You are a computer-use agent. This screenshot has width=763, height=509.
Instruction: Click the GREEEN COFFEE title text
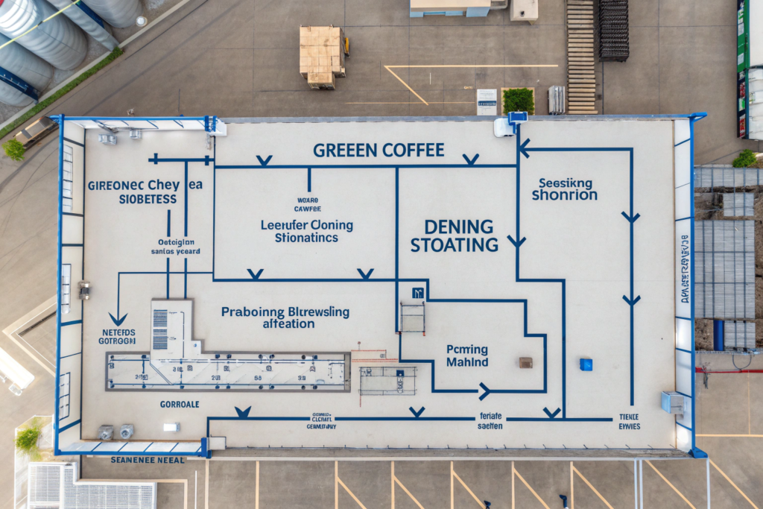(379, 150)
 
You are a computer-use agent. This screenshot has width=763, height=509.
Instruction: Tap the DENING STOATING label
(454, 235)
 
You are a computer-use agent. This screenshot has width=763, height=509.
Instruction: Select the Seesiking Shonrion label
(565, 189)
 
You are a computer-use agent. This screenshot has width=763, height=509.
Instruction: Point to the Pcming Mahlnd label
(467, 355)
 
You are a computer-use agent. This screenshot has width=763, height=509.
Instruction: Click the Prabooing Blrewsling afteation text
(285, 317)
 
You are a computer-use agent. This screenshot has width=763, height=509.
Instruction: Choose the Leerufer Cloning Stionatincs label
(307, 231)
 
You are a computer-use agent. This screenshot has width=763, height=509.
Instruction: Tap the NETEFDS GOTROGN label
(117, 337)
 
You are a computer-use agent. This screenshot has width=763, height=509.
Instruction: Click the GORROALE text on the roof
(180, 404)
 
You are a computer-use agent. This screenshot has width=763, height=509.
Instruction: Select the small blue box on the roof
(586, 364)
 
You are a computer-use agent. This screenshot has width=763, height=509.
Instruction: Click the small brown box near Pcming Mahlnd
(526, 362)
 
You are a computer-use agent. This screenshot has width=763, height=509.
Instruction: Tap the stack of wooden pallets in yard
(322, 55)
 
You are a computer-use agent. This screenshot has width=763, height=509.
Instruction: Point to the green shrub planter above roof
(518, 101)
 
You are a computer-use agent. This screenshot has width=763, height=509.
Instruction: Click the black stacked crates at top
(613, 30)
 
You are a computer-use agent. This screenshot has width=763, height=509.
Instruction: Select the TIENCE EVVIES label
(630, 422)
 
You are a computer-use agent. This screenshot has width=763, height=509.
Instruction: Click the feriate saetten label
(490, 421)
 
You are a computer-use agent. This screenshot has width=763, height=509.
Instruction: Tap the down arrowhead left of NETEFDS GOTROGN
(117, 319)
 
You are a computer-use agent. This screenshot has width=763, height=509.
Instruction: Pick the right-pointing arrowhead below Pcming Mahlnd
(484, 391)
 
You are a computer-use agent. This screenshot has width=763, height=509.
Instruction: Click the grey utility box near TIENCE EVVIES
(672, 402)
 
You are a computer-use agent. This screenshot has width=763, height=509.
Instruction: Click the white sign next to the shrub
(487, 101)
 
